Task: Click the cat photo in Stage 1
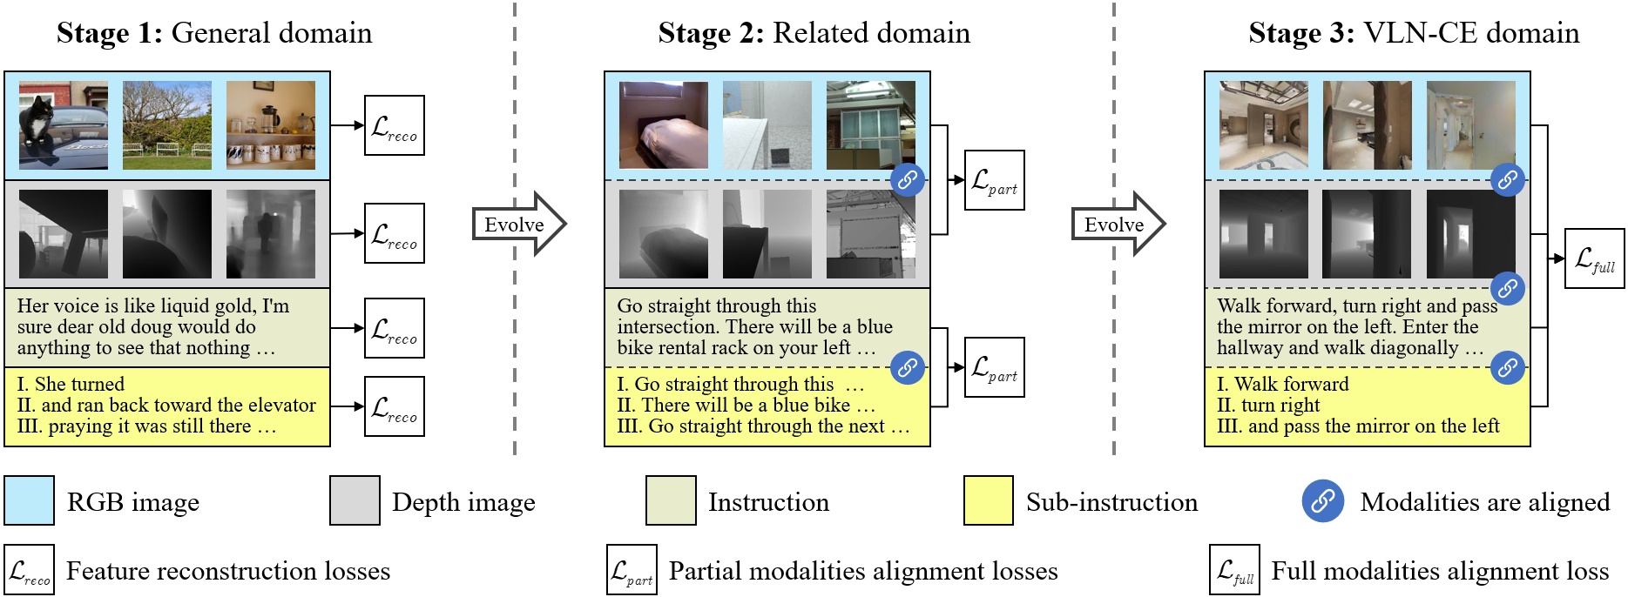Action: click(x=64, y=125)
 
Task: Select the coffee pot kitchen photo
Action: click(x=271, y=125)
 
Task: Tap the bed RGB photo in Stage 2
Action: click(x=663, y=125)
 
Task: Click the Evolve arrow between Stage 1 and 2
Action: click(x=519, y=225)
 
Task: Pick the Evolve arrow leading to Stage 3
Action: click(x=1118, y=225)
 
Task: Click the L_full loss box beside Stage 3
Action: click(x=1594, y=258)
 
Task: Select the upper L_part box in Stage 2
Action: click(x=994, y=180)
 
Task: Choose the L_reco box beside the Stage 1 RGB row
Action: click(x=394, y=125)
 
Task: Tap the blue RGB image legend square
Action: click(x=29, y=500)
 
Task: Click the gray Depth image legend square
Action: click(x=355, y=500)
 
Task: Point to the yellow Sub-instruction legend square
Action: click(x=988, y=500)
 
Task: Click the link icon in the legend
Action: click(x=1322, y=501)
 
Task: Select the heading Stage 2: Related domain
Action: click(x=814, y=33)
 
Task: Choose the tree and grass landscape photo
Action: click(x=167, y=125)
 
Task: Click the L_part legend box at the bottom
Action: click(x=632, y=570)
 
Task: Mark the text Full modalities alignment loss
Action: click(x=1439, y=571)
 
